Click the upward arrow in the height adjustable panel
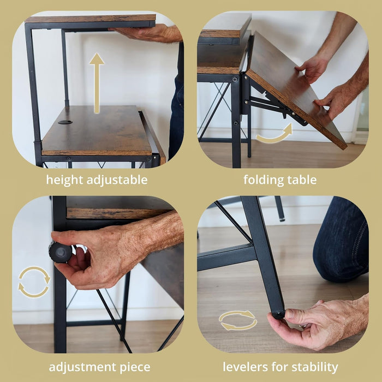97,82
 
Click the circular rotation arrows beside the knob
34,282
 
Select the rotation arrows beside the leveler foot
237,320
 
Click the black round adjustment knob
60,253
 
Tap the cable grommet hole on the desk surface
65,122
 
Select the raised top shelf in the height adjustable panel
91,20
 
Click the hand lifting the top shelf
150,33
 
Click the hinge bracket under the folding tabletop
267,104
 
